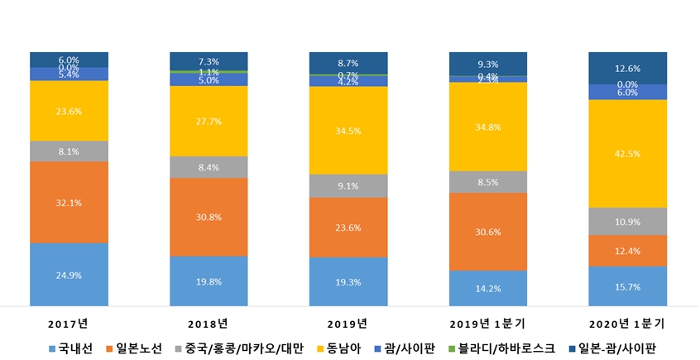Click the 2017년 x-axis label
point(70,322)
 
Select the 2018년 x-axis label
point(209,322)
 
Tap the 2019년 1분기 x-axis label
point(487,322)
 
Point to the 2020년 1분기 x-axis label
point(627,322)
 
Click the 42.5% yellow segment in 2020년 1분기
point(627,153)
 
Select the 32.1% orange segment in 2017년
point(70,202)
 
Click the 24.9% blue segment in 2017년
point(70,275)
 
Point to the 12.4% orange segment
point(627,251)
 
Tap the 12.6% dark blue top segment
point(627,68)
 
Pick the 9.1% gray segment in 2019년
point(348,186)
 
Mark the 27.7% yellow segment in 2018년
point(209,121)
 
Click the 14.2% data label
point(487,289)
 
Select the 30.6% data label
point(487,232)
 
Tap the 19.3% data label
point(348,282)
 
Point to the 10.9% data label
point(627,222)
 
